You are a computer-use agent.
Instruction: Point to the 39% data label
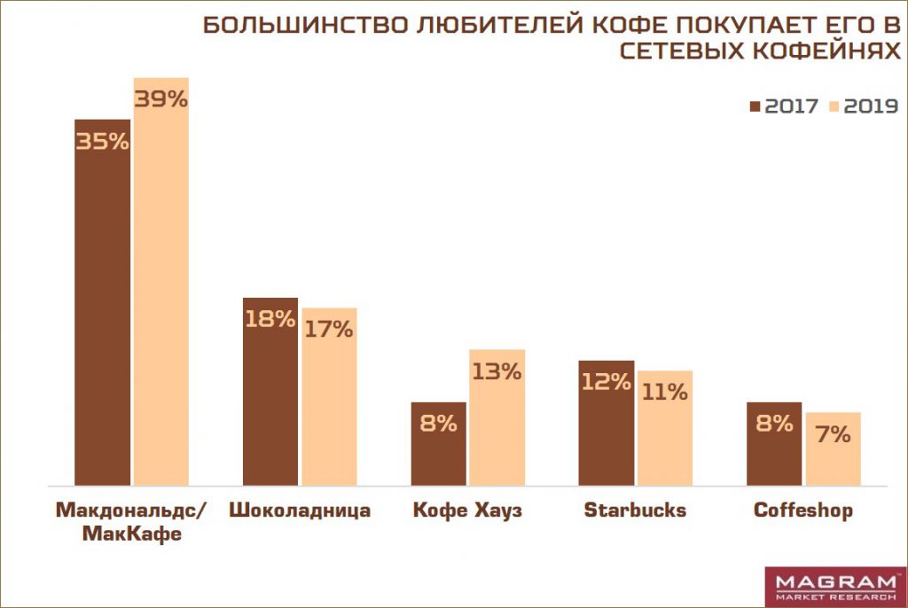[x=160, y=99]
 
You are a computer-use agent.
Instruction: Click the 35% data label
[x=103, y=141]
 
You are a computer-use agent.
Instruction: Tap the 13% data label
[x=497, y=371]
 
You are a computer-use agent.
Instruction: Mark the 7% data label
[x=833, y=434]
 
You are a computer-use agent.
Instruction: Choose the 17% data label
[x=329, y=329]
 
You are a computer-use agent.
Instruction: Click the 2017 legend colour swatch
[x=755, y=105]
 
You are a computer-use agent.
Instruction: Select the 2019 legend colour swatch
[x=834, y=105]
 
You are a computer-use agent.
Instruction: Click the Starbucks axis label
[x=635, y=511]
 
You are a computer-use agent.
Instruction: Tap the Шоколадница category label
[x=300, y=511]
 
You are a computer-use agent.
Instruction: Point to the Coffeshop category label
[x=802, y=511]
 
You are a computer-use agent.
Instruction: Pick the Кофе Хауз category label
[x=468, y=511]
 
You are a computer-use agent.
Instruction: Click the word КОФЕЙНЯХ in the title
[x=820, y=51]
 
